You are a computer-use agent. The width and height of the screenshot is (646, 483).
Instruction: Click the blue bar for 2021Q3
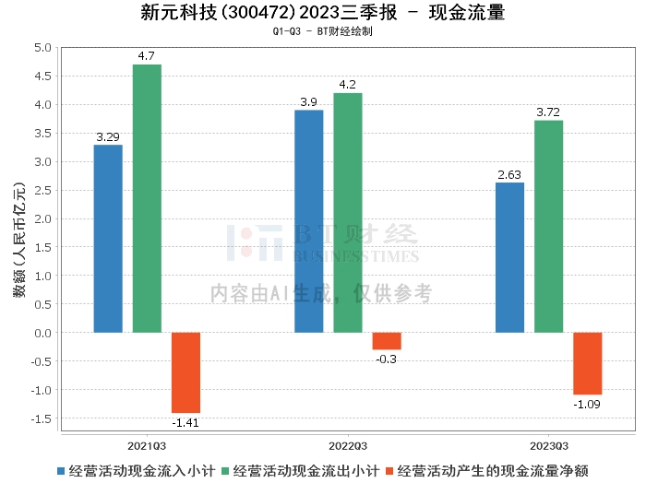point(108,239)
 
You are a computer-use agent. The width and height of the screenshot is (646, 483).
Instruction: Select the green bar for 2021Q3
point(147,198)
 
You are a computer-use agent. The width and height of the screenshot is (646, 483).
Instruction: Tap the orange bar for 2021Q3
point(185,372)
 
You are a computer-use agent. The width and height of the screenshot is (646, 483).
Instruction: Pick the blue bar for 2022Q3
point(308,221)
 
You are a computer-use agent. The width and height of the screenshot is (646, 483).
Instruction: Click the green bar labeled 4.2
point(348,213)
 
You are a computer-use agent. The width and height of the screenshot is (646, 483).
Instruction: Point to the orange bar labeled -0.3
point(387,341)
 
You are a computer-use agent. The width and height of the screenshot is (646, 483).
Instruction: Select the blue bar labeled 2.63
point(509,257)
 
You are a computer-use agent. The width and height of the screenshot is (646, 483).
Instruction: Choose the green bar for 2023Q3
point(548,227)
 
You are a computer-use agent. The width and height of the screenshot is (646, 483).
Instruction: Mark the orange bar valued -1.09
point(588,363)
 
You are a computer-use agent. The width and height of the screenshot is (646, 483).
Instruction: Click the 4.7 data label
point(147,56)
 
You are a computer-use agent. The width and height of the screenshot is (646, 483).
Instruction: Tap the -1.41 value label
point(185,422)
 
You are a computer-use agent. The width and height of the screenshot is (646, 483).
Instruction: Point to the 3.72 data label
point(548,112)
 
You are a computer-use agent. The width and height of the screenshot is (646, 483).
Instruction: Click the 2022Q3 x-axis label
point(348,443)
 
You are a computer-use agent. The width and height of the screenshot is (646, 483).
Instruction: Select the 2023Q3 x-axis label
point(548,443)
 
